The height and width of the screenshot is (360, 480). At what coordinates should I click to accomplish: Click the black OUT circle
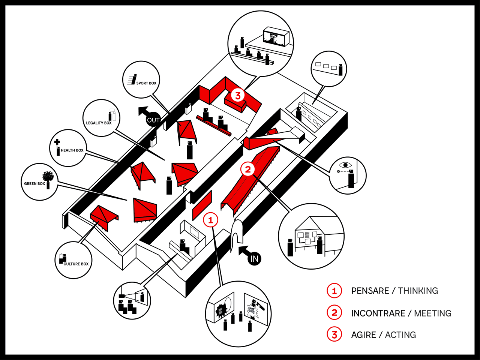[x=153, y=120]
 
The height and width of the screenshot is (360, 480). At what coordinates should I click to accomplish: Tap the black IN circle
[x=254, y=258]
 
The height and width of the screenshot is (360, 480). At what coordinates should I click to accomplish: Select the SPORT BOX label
[x=146, y=83]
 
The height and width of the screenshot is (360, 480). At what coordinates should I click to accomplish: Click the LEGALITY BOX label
[x=99, y=123]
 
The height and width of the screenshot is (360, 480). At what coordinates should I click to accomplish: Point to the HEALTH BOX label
[x=72, y=150]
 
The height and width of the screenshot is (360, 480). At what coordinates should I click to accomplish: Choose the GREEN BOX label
[x=34, y=184]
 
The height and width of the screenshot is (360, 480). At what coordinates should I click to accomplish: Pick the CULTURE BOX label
[x=76, y=264]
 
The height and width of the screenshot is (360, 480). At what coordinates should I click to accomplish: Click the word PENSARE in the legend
[x=370, y=291]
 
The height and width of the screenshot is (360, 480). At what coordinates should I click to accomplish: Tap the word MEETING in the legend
[x=432, y=313]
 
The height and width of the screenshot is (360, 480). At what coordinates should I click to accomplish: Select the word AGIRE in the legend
[x=363, y=335]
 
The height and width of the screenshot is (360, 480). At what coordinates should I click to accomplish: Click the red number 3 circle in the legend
[x=334, y=334]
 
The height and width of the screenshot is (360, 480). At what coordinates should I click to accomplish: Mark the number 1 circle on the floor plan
[x=210, y=220]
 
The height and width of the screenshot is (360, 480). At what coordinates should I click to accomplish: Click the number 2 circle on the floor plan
[x=247, y=169]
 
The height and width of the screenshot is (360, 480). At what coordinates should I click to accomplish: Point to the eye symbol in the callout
[x=344, y=165]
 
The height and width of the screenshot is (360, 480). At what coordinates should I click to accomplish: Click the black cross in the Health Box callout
[x=57, y=142]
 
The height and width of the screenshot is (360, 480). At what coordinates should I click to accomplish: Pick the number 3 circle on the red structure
[x=238, y=95]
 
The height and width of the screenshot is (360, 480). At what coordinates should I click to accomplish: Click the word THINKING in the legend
[x=418, y=291]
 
